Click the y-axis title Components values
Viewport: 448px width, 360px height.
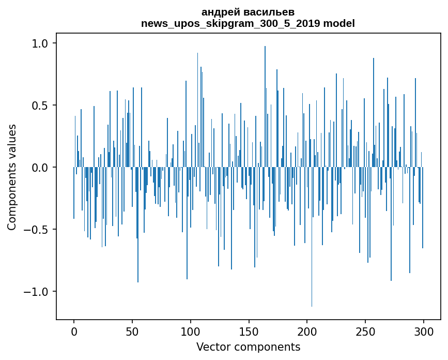pos(12,177)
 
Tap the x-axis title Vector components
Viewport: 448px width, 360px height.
pos(248,347)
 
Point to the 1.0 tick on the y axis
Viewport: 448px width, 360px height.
pos(41,43)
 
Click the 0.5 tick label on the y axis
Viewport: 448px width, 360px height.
pos(41,106)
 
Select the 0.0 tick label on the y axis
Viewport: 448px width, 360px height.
pos(41,168)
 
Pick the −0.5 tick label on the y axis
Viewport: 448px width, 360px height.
pos(37,230)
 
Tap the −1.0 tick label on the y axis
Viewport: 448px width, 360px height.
pos(37,292)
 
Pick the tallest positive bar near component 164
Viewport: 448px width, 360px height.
pos(265,103)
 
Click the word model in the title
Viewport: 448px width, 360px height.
pos(341,23)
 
